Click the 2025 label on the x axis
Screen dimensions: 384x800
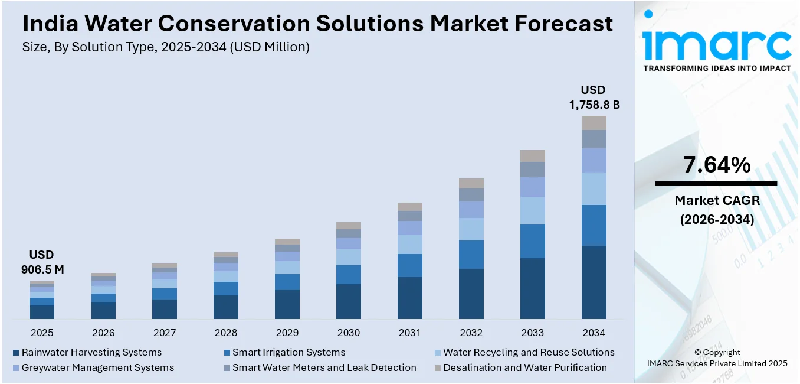pyautogui.click(x=42, y=333)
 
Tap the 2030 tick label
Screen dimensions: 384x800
pyautogui.click(x=349, y=333)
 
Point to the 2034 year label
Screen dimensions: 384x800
pyautogui.click(x=594, y=333)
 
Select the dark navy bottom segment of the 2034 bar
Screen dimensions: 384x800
pyautogui.click(x=594, y=282)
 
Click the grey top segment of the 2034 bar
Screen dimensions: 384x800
pyautogui.click(x=594, y=123)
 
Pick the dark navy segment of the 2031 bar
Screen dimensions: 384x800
pyautogui.click(x=410, y=298)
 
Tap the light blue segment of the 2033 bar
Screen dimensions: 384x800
pyautogui.click(x=532, y=211)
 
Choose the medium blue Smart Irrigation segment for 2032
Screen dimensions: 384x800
pyautogui.click(x=471, y=255)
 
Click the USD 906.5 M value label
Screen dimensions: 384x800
pyautogui.click(x=42, y=262)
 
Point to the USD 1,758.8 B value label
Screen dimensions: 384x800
pyautogui.click(x=594, y=97)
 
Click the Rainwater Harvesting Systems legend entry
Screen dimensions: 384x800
pyautogui.click(x=91, y=353)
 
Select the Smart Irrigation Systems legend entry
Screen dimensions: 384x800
pyautogui.click(x=288, y=353)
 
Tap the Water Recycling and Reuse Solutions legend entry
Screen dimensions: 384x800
pyautogui.click(x=529, y=353)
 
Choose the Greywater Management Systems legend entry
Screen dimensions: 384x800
pyautogui.click(x=98, y=367)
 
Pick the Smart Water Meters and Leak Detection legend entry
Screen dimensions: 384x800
pyautogui.click(x=324, y=367)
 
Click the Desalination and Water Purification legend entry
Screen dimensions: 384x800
pyautogui.click(x=525, y=367)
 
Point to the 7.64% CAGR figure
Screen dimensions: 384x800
pyautogui.click(x=717, y=165)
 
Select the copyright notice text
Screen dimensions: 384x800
pyautogui.click(x=717, y=358)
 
